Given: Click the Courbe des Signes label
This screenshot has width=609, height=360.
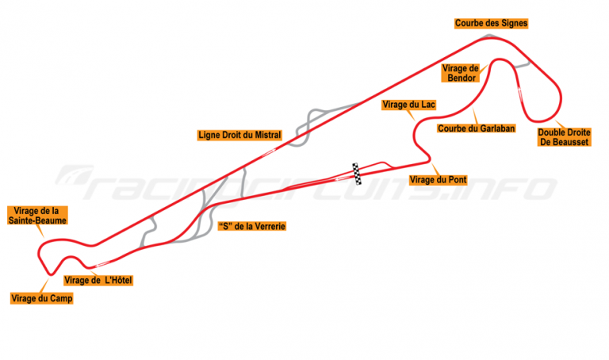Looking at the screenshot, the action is pos(491,23).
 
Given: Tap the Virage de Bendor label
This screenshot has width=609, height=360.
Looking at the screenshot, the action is pos(461,73).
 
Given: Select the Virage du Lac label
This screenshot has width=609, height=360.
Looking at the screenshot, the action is pos(408,105).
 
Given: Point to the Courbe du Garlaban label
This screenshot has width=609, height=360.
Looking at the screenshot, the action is pos(476,128).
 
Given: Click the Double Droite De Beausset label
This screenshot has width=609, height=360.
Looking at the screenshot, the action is pos(564,137).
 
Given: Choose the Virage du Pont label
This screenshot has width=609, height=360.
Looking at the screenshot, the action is pos(438,180).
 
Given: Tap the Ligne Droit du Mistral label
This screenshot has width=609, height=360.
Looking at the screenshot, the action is pos(239,135).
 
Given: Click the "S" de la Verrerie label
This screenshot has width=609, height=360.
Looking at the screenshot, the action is pos(252,227).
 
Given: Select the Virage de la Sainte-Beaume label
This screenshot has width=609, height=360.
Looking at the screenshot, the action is pos(37,216).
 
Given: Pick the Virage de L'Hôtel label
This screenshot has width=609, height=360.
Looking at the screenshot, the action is pos(98,281).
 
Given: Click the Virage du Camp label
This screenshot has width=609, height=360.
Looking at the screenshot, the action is pos(42,299).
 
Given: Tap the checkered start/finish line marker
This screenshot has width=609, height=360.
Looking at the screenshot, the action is pos(357,174).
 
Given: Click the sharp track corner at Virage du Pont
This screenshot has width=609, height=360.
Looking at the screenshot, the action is pos(429,159).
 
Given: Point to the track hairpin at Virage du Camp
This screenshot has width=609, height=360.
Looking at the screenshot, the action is pos(51,274).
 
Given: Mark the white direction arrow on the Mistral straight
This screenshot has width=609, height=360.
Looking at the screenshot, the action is pos(269,151).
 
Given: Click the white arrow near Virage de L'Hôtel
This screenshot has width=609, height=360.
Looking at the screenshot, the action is pos(102,265).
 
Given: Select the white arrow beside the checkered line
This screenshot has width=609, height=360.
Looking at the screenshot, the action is pos(343,178).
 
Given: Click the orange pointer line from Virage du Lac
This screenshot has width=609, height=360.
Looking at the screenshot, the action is pos(411,115).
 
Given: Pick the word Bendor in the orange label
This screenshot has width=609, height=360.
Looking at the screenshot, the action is pos(462,78).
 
